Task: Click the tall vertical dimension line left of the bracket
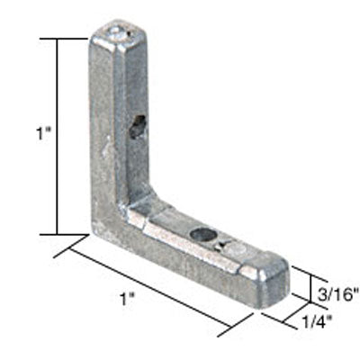pyautogui.click(x=60, y=135)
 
